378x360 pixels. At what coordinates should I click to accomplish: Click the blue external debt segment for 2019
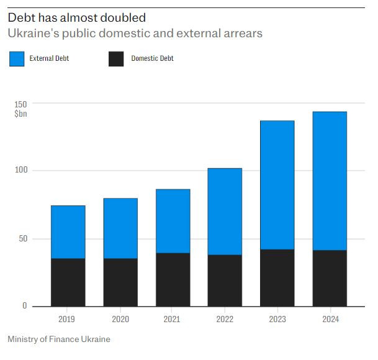click(x=68, y=232)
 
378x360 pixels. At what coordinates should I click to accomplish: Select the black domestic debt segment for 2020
click(x=120, y=282)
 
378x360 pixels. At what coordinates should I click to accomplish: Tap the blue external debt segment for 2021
click(x=173, y=220)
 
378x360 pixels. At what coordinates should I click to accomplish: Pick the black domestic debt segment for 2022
click(x=225, y=280)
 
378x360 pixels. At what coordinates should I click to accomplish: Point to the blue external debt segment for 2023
click(x=277, y=184)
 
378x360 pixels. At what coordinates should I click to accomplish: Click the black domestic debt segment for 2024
click(x=329, y=277)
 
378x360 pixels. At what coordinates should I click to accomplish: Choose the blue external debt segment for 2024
click(x=329, y=181)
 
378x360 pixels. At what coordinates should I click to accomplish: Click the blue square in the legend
click(x=17, y=59)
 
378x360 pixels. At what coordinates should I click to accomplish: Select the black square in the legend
click(x=117, y=59)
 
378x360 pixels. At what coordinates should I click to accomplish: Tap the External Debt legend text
click(x=49, y=59)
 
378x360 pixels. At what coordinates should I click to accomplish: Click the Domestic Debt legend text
click(x=152, y=59)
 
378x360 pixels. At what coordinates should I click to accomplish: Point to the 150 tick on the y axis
click(x=21, y=103)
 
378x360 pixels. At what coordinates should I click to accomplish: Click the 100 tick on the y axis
click(x=21, y=171)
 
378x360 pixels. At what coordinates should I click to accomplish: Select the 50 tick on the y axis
click(x=23, y=239)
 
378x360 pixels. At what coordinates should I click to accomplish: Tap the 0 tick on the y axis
click(x=25, y=306)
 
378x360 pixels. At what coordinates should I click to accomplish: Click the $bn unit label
click(x=21, y=114)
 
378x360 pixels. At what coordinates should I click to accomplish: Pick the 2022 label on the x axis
click(x=225, y=320)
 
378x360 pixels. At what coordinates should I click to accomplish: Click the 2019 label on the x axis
click(x=68, y=320)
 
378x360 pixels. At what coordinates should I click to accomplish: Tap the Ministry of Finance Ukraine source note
click(x=59, y=340)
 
